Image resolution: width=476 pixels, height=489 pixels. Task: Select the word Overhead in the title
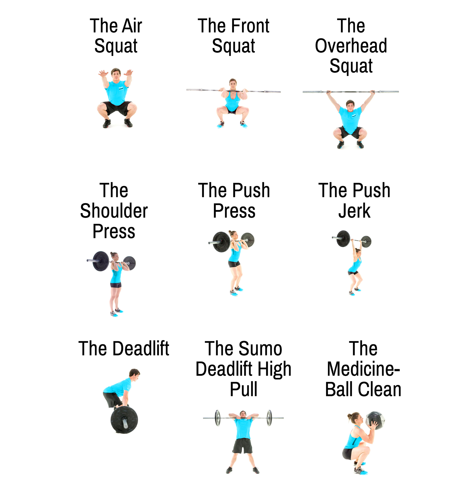pos(351,46)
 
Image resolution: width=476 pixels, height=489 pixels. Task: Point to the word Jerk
pos(354,211)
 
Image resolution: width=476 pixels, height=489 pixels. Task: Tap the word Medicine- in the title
pos(363,369)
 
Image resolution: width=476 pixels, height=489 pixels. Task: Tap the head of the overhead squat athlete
pos(350,106)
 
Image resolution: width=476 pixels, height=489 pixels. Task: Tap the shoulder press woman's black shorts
pos(116,285)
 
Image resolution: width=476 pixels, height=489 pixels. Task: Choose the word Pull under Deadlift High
pos(243,389)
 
